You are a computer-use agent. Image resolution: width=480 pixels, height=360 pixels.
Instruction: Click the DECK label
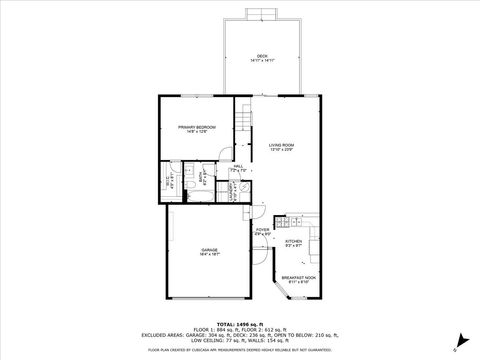point(262,56)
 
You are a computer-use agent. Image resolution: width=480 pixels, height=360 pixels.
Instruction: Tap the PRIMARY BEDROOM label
point(197,127)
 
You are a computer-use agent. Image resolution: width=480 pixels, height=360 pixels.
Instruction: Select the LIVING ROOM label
point(281,145)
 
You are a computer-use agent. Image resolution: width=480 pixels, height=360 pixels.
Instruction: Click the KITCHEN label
point(293,241)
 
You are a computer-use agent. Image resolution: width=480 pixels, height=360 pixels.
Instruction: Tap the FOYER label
point(262,230)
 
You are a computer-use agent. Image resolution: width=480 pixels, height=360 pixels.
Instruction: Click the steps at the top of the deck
point(263,13)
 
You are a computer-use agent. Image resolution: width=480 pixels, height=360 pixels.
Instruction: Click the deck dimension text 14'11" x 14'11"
point(262,61)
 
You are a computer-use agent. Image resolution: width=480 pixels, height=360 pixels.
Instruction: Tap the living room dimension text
point(281,150)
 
